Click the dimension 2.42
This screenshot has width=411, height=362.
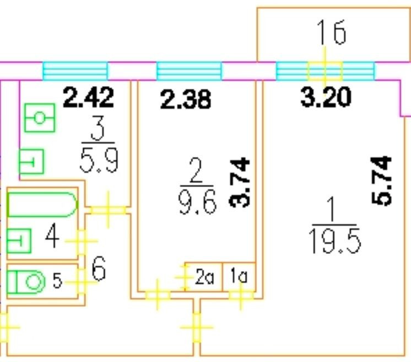(89, 97)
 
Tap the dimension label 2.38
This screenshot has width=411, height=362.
(186, 100)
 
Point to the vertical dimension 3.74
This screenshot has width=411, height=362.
(241, 182)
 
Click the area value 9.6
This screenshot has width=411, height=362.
(197, 203)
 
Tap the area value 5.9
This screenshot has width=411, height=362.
(98, 162)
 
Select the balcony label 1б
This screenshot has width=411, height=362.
(331, 33)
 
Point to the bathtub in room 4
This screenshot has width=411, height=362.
(42, 204)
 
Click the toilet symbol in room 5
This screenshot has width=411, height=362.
(28, 281)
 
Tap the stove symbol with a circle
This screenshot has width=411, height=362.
(40, 118)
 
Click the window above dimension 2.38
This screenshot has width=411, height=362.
(189, 71)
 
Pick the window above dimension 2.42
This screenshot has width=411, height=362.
(75, 71)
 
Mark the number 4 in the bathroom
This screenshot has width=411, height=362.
(52, 239)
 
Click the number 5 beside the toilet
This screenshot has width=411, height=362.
(57, 281)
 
